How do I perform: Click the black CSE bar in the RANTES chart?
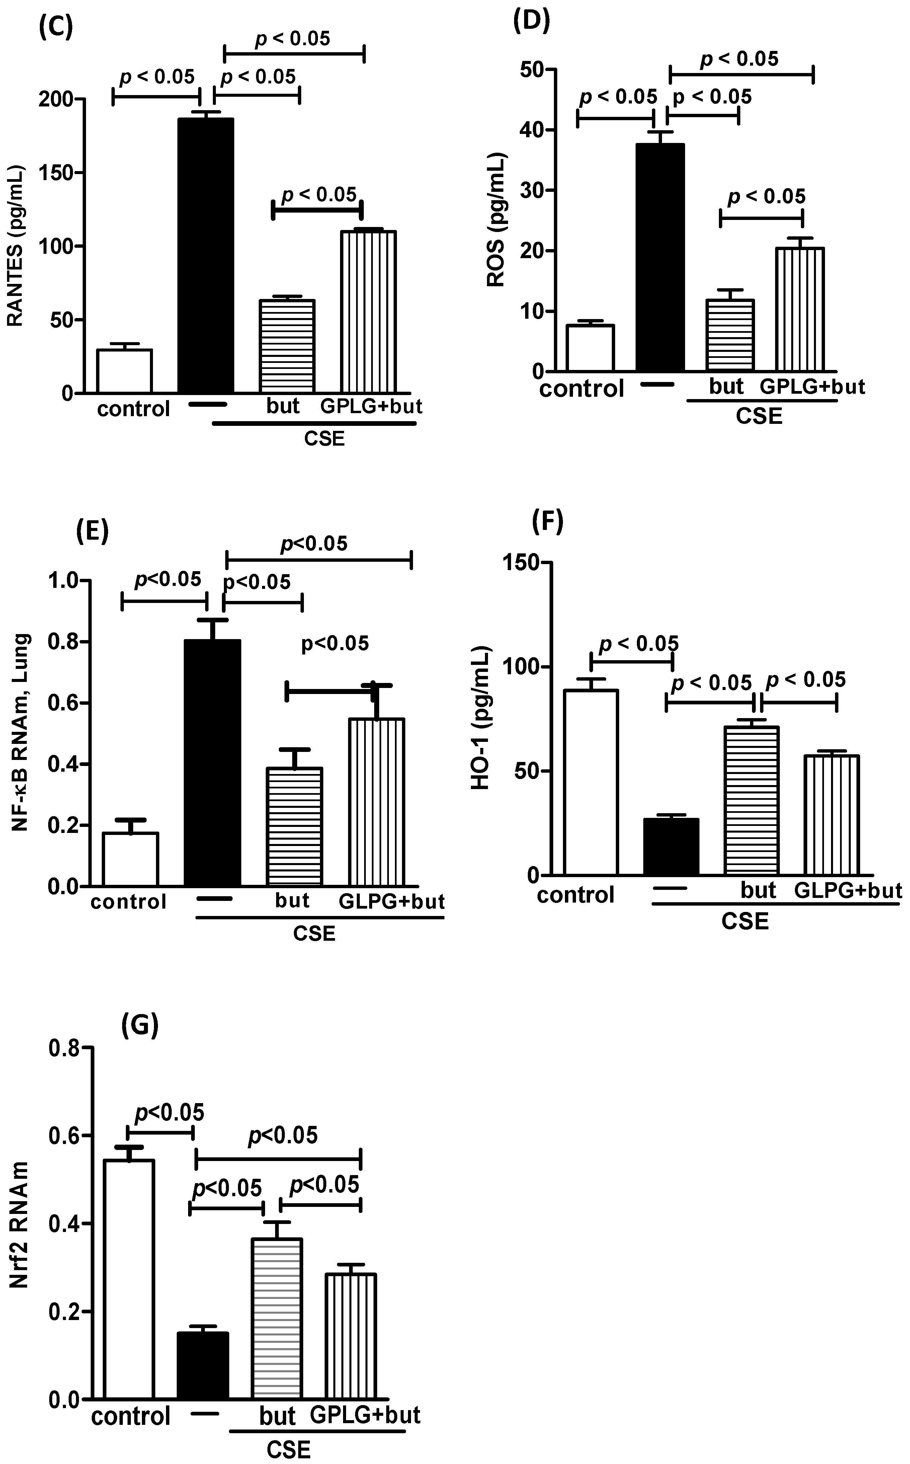pyautogui.click(x=206, y=256)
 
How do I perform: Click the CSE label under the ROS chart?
pyautogui.click(x=759, y=415)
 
